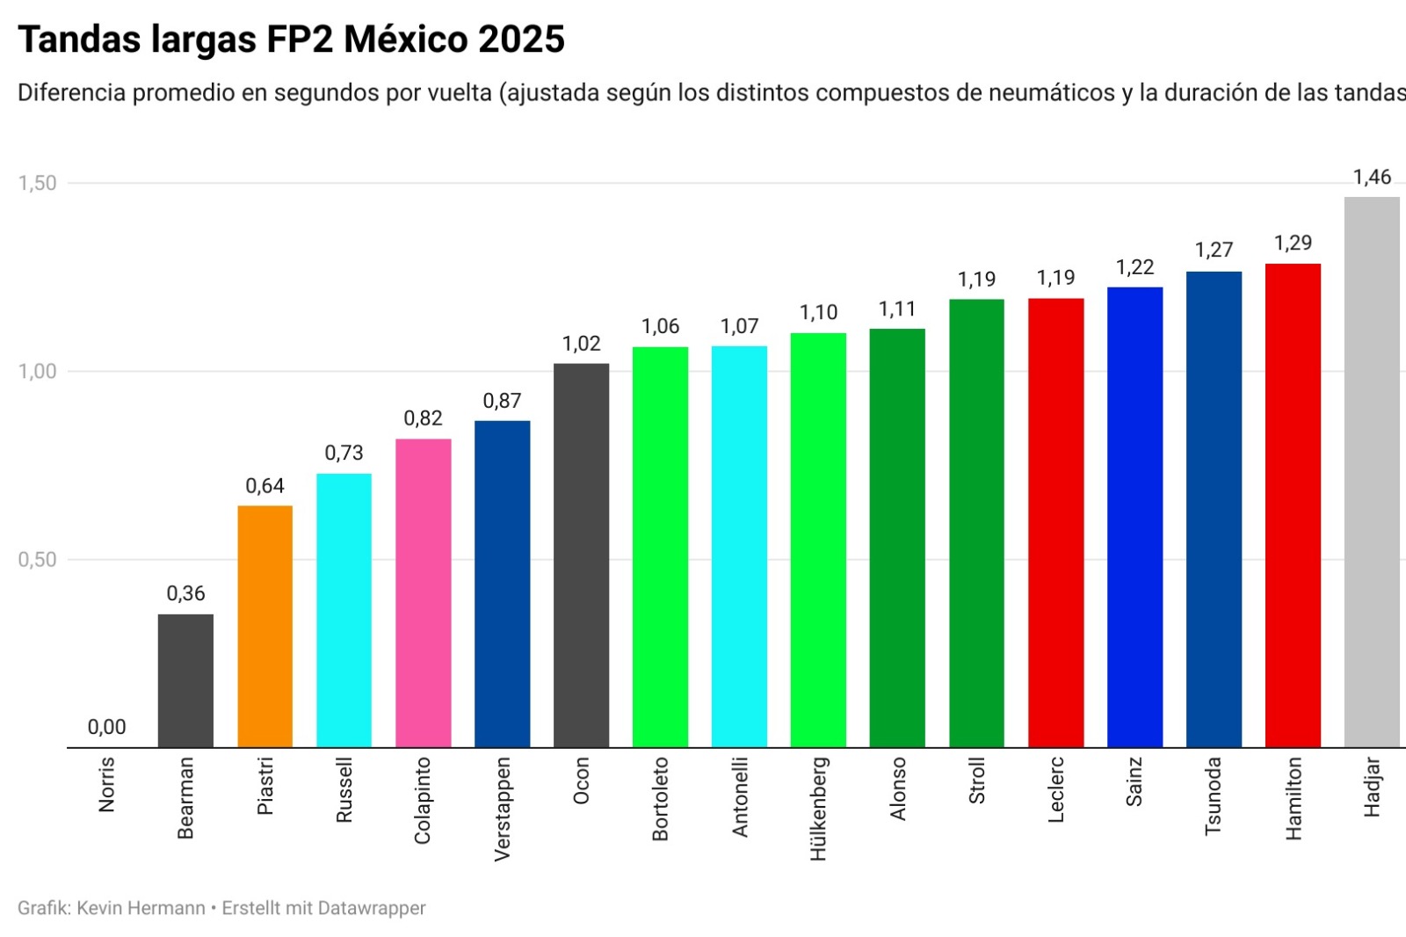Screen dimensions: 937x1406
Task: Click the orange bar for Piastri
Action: [265, 626]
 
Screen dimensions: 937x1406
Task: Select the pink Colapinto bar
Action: [423, 592]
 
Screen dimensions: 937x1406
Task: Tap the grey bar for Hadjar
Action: [1372, 472]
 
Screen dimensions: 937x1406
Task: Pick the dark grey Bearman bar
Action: [185, 680]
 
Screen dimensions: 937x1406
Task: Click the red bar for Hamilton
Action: [1293, 505]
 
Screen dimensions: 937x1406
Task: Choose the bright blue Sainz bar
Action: [1134, 517]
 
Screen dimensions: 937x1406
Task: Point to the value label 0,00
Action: [106, 727]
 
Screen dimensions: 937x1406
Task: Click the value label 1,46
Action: [1372, 178]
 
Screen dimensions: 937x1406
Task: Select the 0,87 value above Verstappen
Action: [502, 401]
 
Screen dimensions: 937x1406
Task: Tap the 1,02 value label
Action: [581, 344]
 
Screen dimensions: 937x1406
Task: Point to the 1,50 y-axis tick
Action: [37, 183]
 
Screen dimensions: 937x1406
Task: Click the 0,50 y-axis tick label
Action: [37, 559]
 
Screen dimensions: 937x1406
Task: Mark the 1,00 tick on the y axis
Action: [37, 371]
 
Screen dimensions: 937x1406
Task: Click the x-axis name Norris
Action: [106, 784]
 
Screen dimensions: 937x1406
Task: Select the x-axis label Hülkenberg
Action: [818, 809]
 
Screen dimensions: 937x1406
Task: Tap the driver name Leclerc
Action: [1055, 789]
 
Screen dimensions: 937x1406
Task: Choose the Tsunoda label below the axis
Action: [1214, 795]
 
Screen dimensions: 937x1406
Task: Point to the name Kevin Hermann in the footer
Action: [141, 908]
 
